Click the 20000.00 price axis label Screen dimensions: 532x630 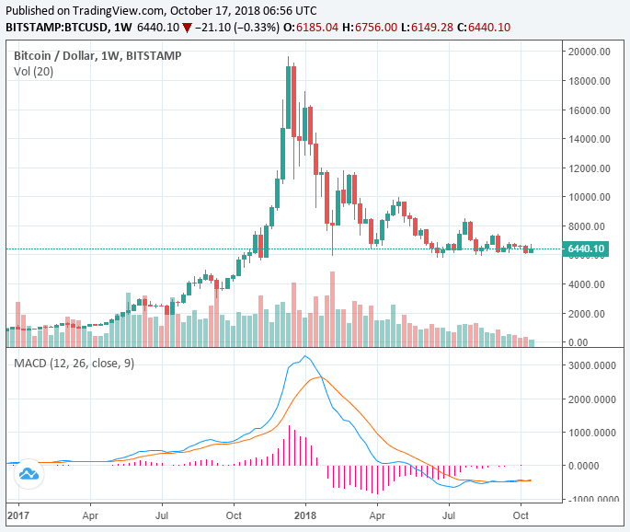[x=590, y=52]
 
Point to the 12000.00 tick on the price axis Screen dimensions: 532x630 [x=590, y=168]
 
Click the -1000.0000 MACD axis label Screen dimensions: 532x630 [x=591, y=499]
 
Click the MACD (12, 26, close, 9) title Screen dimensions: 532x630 [x=74, y=364]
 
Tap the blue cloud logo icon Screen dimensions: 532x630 [x=29, y=474]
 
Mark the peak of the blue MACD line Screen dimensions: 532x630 [x=305, y=356]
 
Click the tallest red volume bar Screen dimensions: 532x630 [x=332, y=306]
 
